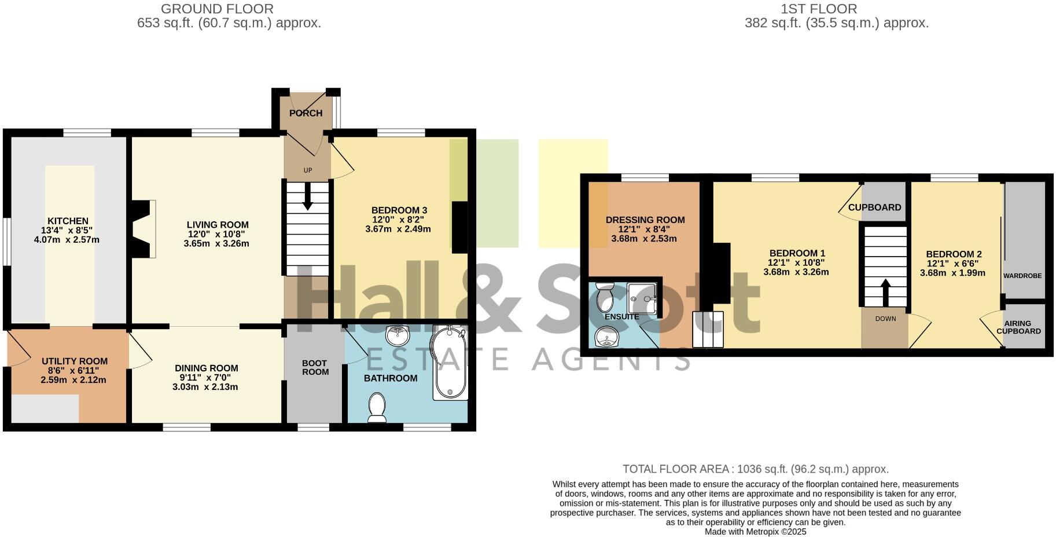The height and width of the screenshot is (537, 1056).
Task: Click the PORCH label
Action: pos(306,113)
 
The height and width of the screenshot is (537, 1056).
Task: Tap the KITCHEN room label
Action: pos(68,221)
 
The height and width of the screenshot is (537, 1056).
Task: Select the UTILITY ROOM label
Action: pos(74,361)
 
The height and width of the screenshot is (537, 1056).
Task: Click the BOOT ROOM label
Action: pos(315,368)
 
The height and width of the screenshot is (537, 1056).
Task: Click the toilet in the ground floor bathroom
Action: pos(377,407)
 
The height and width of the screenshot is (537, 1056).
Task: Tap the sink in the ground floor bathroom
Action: pos(397,335)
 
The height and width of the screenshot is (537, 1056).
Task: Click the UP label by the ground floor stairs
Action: pos(308,170)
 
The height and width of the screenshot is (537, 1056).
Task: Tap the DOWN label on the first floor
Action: pos(885,319)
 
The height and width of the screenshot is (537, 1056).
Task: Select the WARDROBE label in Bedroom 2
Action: pos(1022,276)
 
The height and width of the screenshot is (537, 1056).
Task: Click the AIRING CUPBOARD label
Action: pos(1018,327)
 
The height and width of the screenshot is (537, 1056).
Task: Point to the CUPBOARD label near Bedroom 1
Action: pos(874,207)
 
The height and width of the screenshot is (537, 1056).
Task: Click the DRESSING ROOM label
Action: pos(645,220)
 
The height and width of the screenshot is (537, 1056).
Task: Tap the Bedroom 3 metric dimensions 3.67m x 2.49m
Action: pos(398,229)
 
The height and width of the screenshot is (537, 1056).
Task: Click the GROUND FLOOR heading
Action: pos(217,9)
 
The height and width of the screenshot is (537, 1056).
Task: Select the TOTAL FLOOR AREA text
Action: pos(755,469)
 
